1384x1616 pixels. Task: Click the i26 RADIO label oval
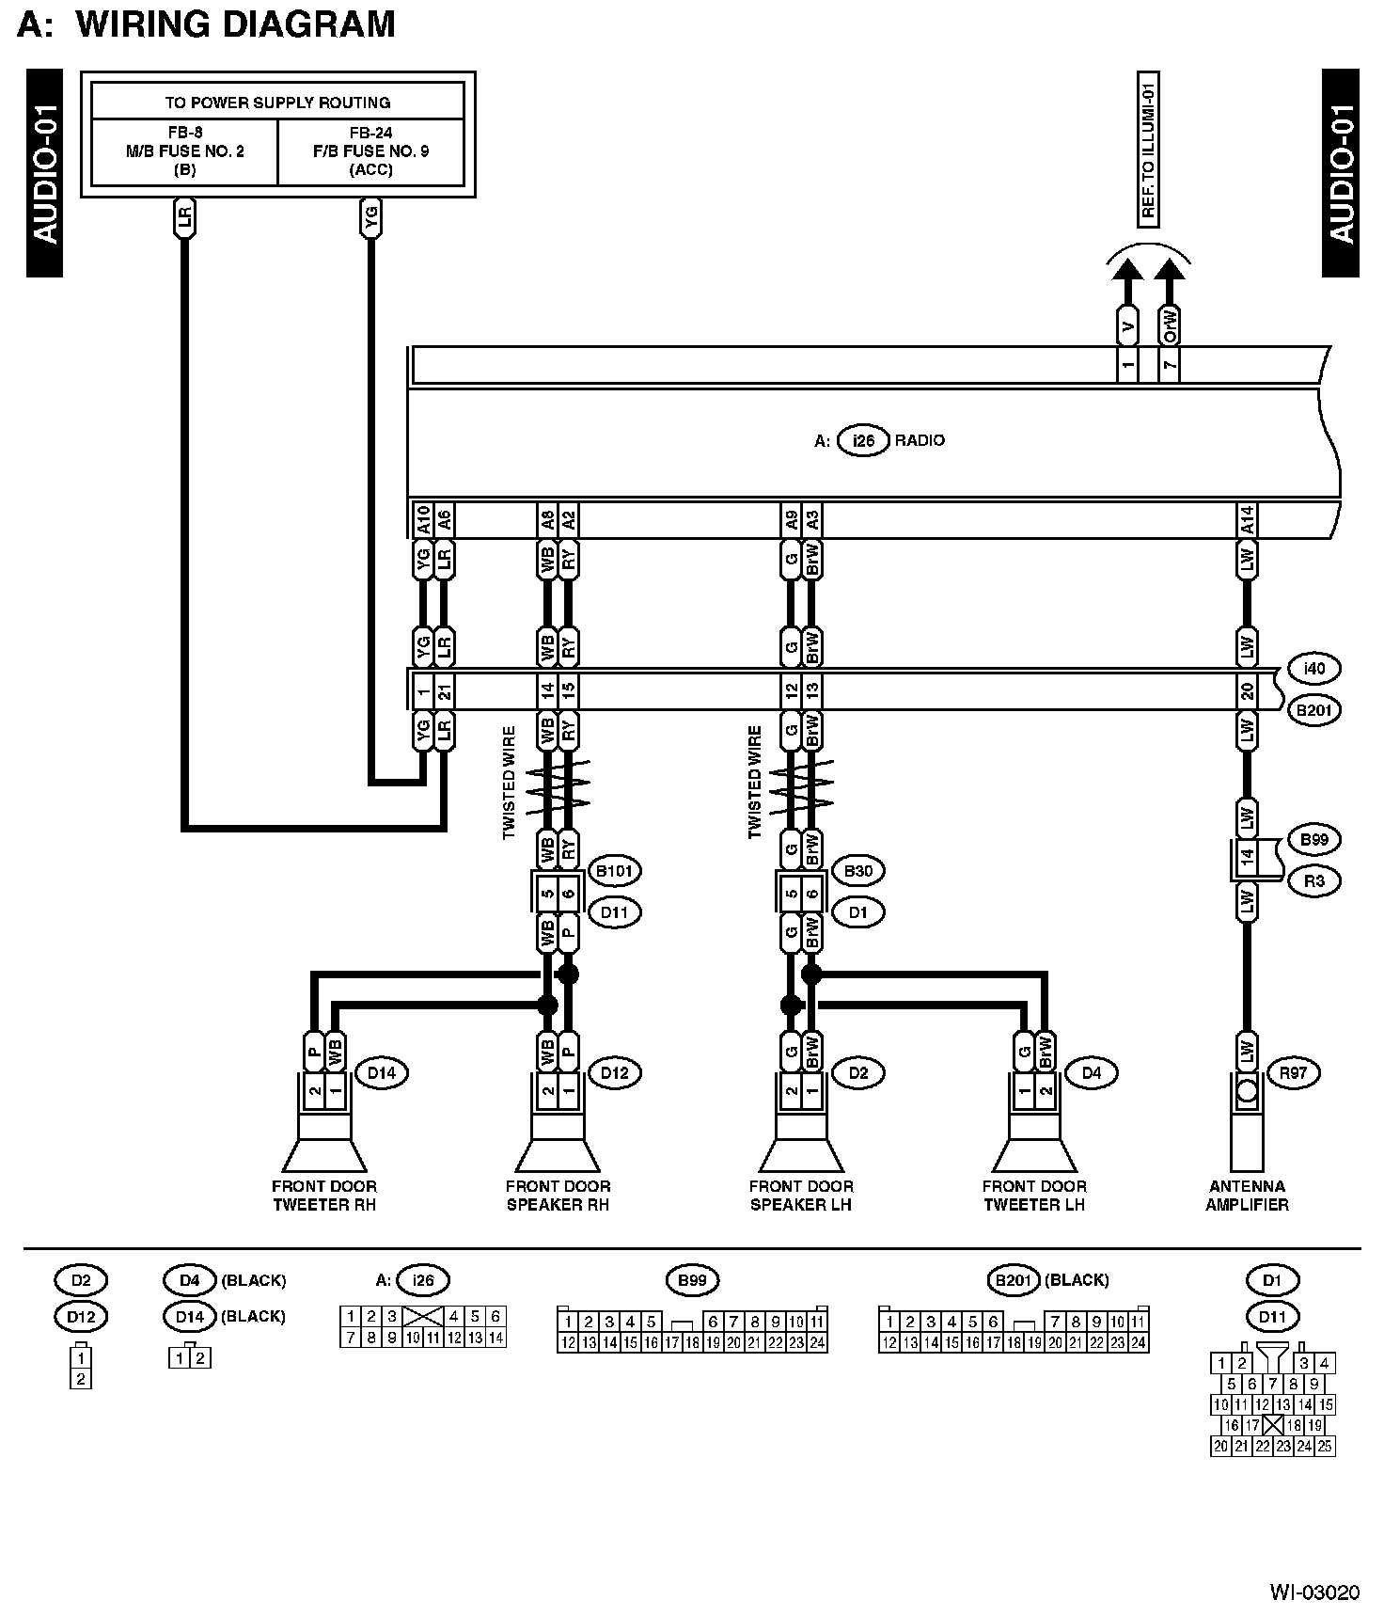(x=863, y=440)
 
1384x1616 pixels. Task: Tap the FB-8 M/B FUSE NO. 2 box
(x=184, y=151)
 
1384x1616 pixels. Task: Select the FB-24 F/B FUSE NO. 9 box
(x=370, y=151)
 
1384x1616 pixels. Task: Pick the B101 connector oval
(x=614, y=871)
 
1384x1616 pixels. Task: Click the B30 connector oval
(x=857, y=871)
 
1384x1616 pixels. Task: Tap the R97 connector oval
(x=1293, y=1072)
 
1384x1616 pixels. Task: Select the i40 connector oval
(x=1313, y=669)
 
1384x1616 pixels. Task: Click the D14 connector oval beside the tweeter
(x=381, y=1072)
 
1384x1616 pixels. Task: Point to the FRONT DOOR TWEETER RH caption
(x=324, y=1196)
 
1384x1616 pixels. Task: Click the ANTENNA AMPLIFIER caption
(x=1247, y=1196)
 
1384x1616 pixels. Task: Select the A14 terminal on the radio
(x=1247, y=519)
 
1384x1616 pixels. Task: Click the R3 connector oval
(x=1313, y=881)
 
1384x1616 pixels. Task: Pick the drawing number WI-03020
(x=1314, y=1592)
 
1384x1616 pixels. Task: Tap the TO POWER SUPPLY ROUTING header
(x=277, y=103)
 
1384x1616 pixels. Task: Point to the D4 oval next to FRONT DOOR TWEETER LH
(x=1091, y=1072)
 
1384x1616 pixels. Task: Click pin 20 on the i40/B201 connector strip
(x=1247, y=692)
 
